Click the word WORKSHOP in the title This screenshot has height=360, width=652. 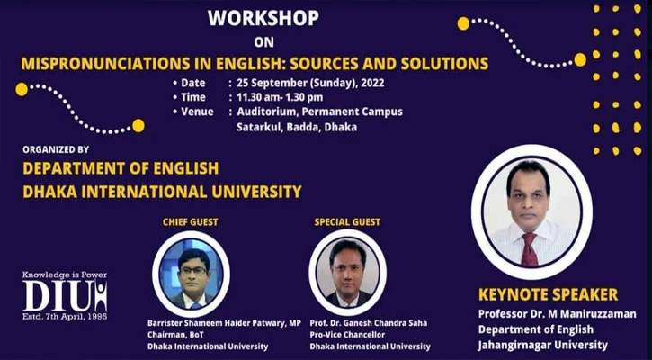click(263, 18)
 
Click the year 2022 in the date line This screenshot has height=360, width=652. click(372, 83)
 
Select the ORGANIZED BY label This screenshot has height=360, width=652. click(56, 149)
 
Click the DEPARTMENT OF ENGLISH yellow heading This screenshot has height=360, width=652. click(121, 168)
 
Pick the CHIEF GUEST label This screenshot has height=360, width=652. click(191, 222)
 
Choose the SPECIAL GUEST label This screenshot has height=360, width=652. click(347, 222)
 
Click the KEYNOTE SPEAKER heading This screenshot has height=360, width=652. click(548, 294)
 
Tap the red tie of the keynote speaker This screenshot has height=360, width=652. click(530, 249)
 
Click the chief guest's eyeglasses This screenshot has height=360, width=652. click(193, 271)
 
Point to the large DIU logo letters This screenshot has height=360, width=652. click(65, 295)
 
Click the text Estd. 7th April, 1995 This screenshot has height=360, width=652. click(65, 317)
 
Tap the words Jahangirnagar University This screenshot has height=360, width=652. click(542, 345)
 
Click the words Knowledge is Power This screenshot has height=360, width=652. click(65, 274)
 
